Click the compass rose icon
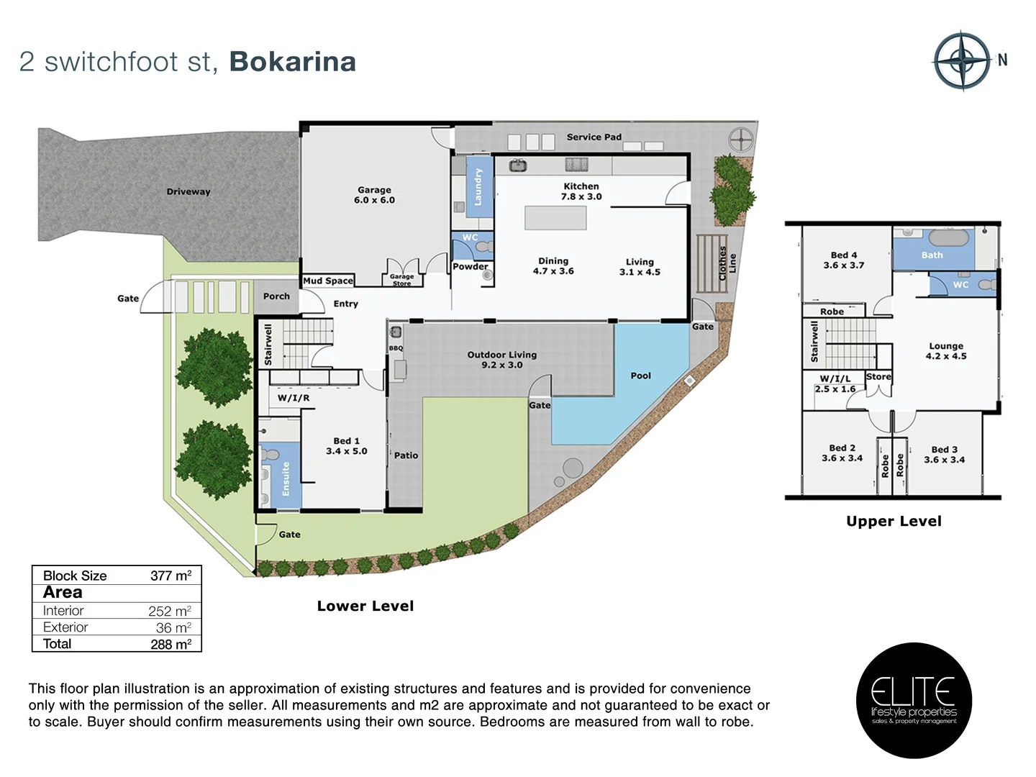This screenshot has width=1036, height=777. [963, 61]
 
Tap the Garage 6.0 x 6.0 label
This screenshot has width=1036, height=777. [374, 195]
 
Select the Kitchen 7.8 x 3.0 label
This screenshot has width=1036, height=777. [581, 191]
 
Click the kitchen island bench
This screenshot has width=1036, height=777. [555, 218]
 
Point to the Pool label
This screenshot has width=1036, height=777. [640, 376]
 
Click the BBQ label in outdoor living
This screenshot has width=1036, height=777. [396, 348]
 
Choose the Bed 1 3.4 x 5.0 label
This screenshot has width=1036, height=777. [346, 446]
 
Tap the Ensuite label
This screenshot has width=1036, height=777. [286, 478]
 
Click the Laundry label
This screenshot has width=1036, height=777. [478, 187]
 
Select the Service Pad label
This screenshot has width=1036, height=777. [594, 137]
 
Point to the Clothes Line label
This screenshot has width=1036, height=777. [727, 263]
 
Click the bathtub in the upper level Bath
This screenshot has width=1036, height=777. [948, 238]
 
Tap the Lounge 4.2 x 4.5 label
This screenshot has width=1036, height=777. [945, 351]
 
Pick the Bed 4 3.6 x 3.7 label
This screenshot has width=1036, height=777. [844, 260]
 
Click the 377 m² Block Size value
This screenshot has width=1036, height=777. [171, 576]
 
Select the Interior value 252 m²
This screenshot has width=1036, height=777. [170, 611]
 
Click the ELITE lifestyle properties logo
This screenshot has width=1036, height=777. [914, 700]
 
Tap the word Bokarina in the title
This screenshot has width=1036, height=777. [292, 62]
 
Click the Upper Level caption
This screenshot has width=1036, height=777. [894, 521]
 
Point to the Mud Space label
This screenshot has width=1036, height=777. [328, 281]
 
